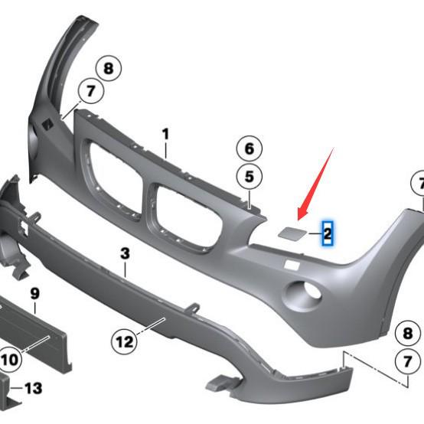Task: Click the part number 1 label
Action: pyautogui.click(x=165, y=134)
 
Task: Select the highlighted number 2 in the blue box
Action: pyautogui.click(x=328, y=232)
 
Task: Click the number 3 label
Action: pyautogui.click(x=125, y=251)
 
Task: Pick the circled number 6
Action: pyautogui.click(x=249, y=147)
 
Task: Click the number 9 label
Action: pyautogui.click(x=34, y=294)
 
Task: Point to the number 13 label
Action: pyautogui.click(x=33, y=389)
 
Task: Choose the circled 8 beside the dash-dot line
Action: pyautogui.click(x=408, y=333)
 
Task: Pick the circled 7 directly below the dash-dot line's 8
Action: pyautogui.click(x=408, y=360)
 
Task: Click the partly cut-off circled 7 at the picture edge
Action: pyautogui.click(x=419, y=184)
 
